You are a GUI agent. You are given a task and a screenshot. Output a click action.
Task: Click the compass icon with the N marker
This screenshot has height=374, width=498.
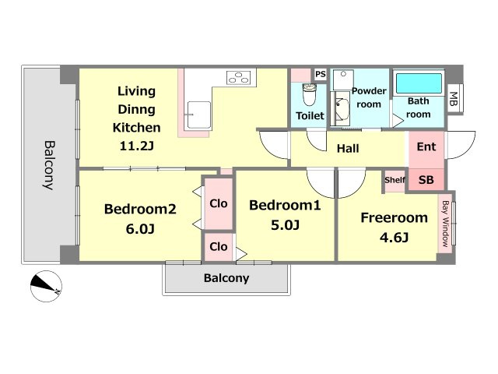coord(46,286)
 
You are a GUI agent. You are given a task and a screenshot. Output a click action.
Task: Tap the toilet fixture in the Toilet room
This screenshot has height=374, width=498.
coord(309,94)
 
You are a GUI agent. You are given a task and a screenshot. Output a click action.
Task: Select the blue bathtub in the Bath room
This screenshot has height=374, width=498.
coord(419,83)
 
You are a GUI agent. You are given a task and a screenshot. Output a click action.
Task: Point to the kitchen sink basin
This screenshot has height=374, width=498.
coord(199,115)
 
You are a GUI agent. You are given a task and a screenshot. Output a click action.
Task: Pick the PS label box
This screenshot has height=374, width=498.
coord(321,74)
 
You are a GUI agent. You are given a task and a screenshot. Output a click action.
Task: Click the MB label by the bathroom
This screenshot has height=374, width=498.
coord(454,98)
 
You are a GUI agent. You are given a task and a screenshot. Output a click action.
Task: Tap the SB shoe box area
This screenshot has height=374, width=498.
coord(426,180)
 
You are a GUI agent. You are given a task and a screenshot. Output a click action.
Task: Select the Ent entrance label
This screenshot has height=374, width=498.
coord(426,147)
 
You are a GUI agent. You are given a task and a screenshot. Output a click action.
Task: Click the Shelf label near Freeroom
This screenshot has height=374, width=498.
coord(395,180)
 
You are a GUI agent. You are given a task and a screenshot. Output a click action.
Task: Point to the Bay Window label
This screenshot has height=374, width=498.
coord(446,224)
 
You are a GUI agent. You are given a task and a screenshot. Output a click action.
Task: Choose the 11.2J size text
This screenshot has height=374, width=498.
coord(137,146)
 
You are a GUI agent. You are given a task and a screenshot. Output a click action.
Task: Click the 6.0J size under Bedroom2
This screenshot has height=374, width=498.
coord(140,228)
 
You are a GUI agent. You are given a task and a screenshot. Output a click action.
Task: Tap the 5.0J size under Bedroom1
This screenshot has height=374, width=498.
coord(285,225)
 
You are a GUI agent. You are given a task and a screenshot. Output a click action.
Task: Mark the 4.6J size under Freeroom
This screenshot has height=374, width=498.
coord(394,237)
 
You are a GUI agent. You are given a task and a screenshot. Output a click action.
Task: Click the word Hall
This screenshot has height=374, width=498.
coord(348,149)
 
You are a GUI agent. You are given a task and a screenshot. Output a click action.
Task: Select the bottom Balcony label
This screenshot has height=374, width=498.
coord(226,278)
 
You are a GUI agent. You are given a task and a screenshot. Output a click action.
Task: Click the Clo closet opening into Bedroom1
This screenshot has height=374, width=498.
coord(219,247)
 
